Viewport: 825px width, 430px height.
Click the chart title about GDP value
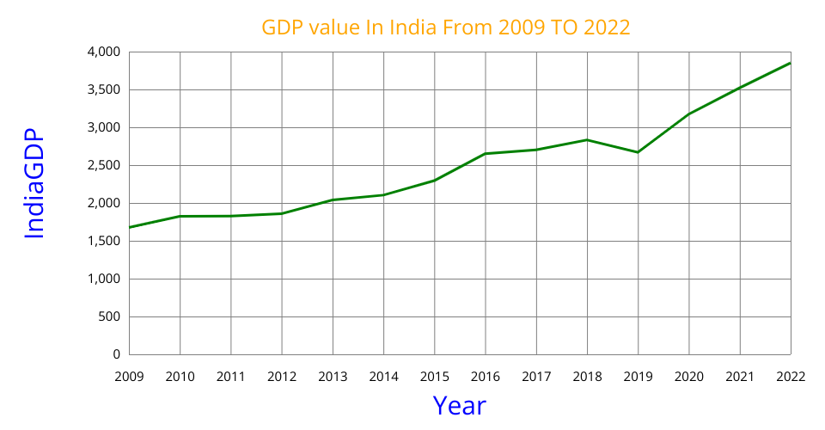point(446,28)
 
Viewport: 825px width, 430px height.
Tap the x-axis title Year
point(459,405)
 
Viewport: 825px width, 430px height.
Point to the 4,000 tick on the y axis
point(104,52)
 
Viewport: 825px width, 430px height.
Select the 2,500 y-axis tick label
point(104,165)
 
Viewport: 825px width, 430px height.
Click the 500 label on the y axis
point(109,316)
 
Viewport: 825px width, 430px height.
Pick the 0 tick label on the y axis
point(117,354)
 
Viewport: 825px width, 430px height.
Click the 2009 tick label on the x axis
point(129,376)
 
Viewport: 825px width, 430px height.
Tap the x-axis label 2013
point(333,376)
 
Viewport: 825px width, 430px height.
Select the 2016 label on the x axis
point(486,376)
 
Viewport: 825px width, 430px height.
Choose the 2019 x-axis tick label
point(638,376)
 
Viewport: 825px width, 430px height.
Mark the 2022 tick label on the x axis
point(791,376)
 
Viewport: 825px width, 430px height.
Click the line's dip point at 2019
point(638,152)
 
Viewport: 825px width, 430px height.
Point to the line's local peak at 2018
point(587,139)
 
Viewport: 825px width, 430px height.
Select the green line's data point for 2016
point(486,154)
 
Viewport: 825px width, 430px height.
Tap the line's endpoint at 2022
point(791,63)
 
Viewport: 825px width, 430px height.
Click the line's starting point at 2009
point(129,227)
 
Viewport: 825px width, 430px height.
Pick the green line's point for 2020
point(688,114)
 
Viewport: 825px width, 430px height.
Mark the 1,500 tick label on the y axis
point(104,241)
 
